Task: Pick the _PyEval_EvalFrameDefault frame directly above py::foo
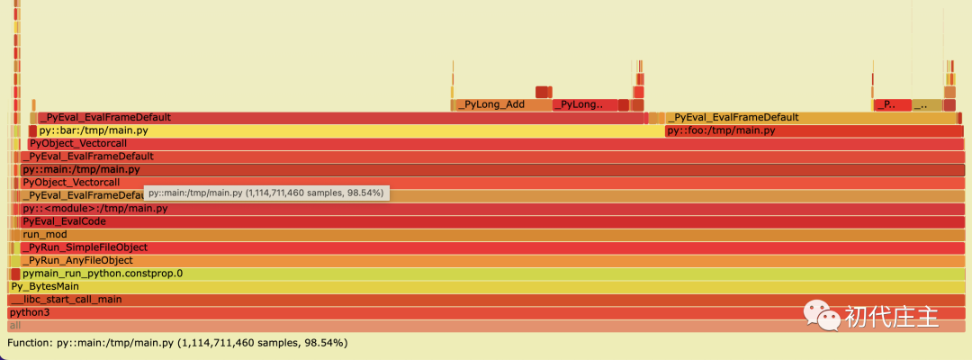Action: (x=810, y=117)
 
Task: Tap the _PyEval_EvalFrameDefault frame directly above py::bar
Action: (x=342, y=117)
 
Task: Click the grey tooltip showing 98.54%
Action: (x=265, y=193)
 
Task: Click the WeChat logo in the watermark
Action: (x=821, y=315)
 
